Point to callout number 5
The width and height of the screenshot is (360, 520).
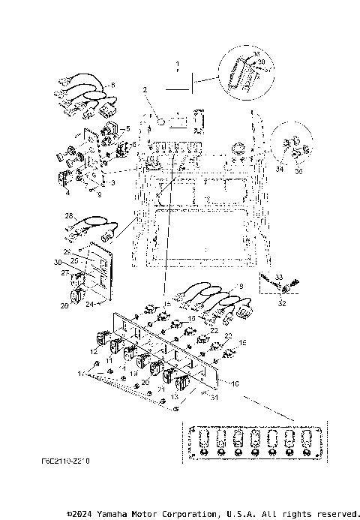[127, 128]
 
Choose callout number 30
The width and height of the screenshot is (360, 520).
[58, 262]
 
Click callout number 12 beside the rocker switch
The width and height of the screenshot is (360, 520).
[93, 351]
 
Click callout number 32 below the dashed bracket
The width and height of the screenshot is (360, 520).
[281, 305]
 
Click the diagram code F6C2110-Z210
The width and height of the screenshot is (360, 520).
[62, 463]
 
